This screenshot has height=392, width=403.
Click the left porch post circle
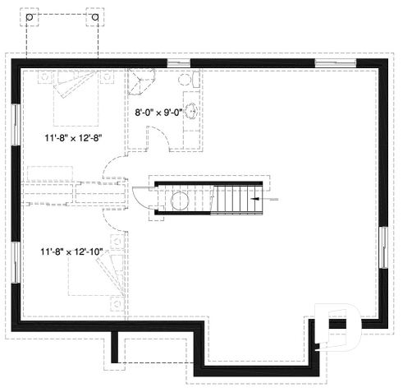click(33, 16)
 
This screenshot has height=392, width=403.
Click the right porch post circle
click(95, 16)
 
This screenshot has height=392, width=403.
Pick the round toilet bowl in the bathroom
click(185, 80)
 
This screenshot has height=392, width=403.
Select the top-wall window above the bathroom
click(178, 63)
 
